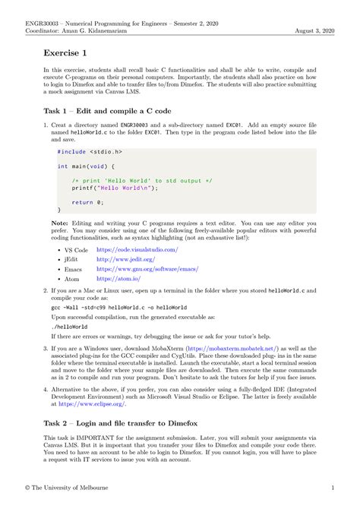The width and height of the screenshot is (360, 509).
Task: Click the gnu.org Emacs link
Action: pyautogui.click(x=146, y=269)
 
